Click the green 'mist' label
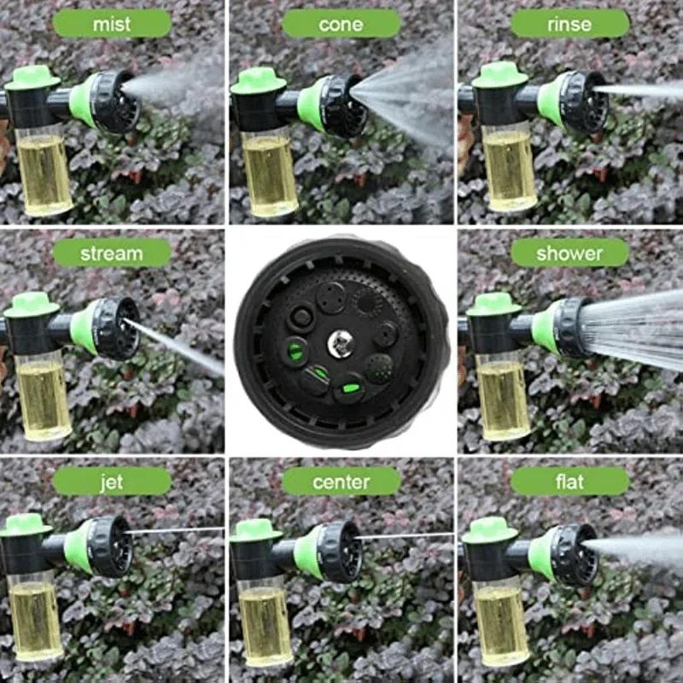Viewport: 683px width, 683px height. click(112, 24)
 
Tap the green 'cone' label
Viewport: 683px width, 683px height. click(341, 24)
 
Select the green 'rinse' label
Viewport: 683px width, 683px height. click(569, 24)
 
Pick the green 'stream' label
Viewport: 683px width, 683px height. click(112, 253)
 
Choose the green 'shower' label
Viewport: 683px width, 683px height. click(569, 253)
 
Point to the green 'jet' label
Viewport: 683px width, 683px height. click(112, 482)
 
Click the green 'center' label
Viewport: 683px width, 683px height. click(341, 482)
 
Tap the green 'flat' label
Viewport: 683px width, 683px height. click(569, 482)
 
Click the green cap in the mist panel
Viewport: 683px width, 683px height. click(32, 79)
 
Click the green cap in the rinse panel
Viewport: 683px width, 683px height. click(499, 75)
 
